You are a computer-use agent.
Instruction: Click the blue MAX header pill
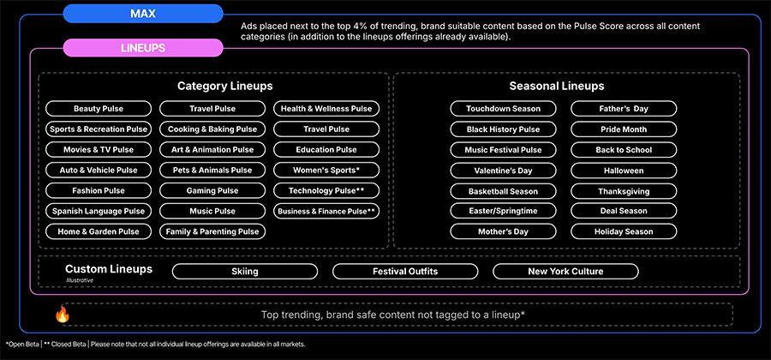coord(143,13)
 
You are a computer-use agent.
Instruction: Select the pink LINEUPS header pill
coord(143,48)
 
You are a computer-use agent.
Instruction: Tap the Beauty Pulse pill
coord(99,109)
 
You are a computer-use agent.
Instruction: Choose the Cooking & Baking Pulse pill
coord(212,129)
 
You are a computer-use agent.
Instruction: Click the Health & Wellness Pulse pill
coord(326,109)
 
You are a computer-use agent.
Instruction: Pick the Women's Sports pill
coord(326,171)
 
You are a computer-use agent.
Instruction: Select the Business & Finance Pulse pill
coord(326,212)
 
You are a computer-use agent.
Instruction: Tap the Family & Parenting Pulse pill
coord(212,231)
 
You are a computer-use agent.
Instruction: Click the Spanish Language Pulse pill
coord(99,212)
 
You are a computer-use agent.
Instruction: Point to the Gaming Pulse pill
coord(212,191)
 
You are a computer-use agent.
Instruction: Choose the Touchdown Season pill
coord(503,109)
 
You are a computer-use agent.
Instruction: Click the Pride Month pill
coord(624,129)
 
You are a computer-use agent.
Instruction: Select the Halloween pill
coord(624,171)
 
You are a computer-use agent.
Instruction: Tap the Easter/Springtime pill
coord(503,211)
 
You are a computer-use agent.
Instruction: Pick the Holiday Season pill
coord(624,231)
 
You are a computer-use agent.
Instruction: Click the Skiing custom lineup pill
coord(245,272)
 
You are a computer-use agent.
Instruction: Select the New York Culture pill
coord(565,272)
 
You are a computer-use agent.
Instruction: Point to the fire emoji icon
coord(63,315)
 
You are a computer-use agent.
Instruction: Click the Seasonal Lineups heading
coord(557,86)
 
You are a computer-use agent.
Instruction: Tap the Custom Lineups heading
coord(109,269)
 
